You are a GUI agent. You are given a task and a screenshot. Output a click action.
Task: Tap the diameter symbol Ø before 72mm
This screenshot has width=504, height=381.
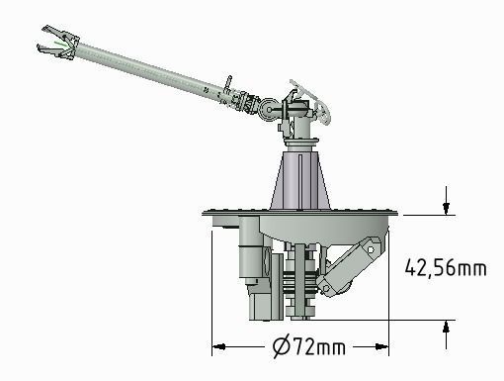pos(280,347)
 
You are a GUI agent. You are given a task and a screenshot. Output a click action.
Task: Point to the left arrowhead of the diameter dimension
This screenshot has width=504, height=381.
pos(218,347)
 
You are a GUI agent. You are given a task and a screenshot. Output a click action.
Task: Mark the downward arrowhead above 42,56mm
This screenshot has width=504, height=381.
pos(448,209)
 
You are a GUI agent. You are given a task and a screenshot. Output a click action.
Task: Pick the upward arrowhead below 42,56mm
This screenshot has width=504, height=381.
pos(448,326)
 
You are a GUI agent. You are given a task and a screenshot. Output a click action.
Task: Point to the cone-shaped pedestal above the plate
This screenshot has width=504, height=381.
pos(299,178)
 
